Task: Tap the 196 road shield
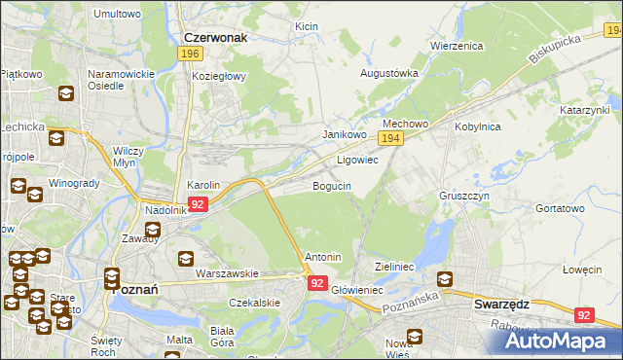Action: [x=190, y=54]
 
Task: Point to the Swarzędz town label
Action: [x=501, y=304]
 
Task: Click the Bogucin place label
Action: [x=331, y=185]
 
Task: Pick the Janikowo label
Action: [x=344, y=134]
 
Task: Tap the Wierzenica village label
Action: [x=457, y=46]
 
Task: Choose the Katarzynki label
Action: [x=584, y=111]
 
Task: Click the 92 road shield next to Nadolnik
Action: [x=198, y=204]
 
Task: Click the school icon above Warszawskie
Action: [x=186, y=259]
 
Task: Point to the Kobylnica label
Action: [x=477, y=126]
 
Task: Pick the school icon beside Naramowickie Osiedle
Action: [x=66, y=94]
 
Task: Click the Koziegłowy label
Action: [x=219, y=76]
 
